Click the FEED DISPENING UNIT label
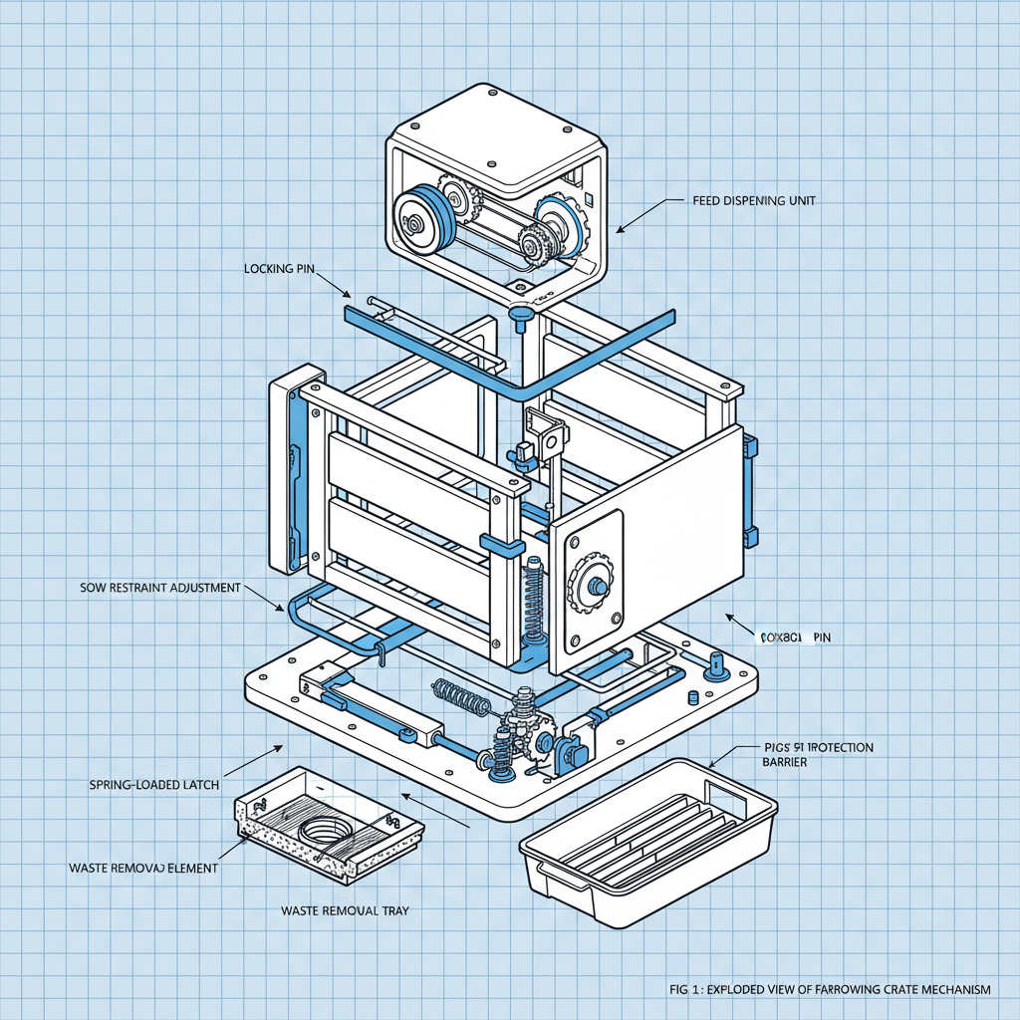pyautogui.click(x=754, y=200)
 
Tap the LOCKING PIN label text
pyautogui.click(x=283, y=269)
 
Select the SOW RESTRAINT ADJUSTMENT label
pyautogui.click(x=159, y=588)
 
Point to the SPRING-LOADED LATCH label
pyautogui.click(x=153, y=785)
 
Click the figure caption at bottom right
pyautogui.click(x=831, y=989)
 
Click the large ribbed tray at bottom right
pyautogui.click(x=646, y=835)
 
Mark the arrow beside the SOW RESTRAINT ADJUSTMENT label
pyautogui.click(x=267, y=600)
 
